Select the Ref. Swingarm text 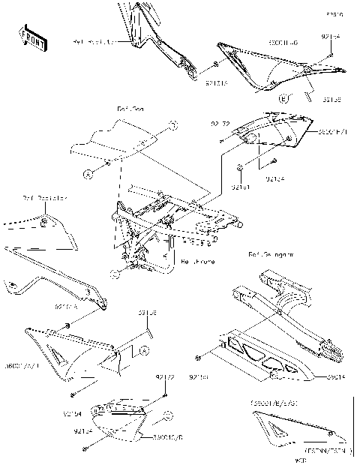click(271, 255)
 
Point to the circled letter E click(285, 98)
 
